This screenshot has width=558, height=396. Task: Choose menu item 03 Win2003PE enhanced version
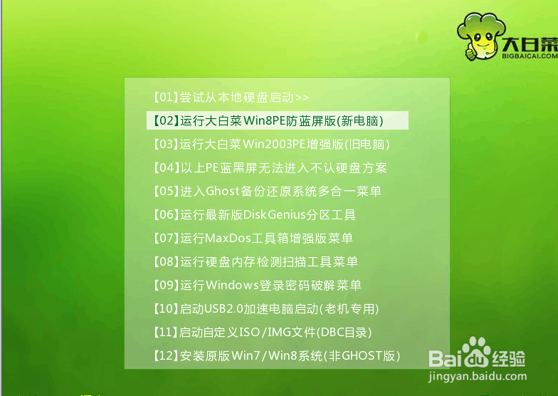tap(271, 144)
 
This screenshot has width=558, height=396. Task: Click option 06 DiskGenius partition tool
tap(254, 214)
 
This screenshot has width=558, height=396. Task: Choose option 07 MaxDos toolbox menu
tap(253, 238)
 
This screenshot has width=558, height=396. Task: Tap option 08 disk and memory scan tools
tap(255, 261)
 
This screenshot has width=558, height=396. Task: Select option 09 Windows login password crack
tap(257, 285)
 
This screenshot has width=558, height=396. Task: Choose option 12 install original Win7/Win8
tap(276, 355)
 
